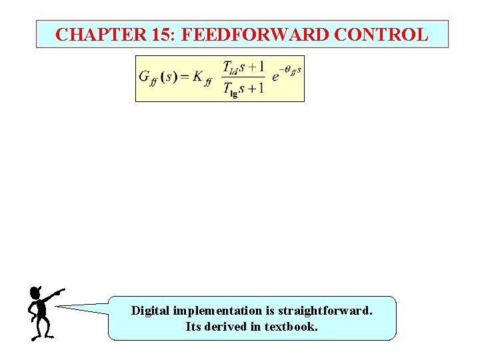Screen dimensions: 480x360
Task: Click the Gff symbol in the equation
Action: point(147,77)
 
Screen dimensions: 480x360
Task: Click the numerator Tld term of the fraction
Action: point(230,68)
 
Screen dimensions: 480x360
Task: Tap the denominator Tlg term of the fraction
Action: point(230,89)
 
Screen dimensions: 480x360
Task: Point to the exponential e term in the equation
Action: point(275,77)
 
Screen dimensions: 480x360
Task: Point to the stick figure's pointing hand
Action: point(61,291)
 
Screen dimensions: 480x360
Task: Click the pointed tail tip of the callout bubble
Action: point(56,307)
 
